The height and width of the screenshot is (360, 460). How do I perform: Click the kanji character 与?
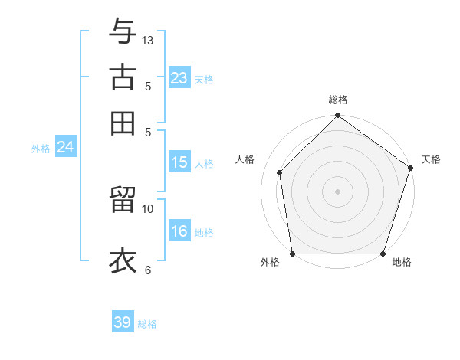point(123,32)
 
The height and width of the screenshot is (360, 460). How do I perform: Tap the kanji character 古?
point(123,77)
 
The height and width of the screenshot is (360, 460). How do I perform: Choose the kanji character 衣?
point(123,260)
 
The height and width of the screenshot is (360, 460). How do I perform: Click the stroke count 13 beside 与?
point(148,40)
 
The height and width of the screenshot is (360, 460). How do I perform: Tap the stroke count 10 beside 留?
point(148,208)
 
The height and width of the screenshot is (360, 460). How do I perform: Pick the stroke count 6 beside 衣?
point(148,270)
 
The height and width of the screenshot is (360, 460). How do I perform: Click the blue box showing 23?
point(179,78)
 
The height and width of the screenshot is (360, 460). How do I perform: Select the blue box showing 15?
point(179,162)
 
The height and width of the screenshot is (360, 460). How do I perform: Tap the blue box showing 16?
point(179,231)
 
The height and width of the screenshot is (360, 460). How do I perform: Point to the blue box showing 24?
point(65,147)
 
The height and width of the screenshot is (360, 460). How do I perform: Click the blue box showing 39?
point(123,322)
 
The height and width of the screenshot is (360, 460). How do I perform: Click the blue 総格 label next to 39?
point(147,324)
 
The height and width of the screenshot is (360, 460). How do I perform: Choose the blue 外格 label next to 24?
point(41,149)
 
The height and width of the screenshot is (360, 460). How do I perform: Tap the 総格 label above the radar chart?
point(338,100)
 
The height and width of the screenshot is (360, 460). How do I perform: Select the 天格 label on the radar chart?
point(431,159)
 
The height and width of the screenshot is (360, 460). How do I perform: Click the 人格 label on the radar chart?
point(245,159)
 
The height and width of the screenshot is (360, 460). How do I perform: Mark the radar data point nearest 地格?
point(383,254)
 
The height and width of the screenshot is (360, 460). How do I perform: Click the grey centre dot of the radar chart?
point(337,191)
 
